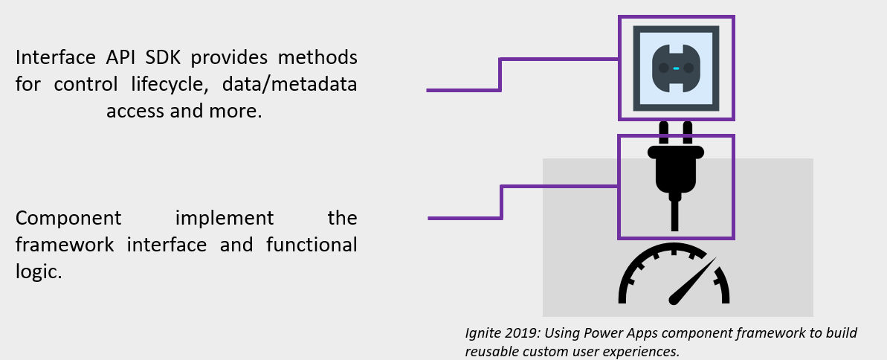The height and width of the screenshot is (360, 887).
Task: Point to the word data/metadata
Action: (x=296, y=85)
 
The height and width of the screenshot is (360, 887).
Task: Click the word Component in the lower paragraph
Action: (x=68, y=219)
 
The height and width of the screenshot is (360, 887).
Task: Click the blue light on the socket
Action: (x=676, y=68)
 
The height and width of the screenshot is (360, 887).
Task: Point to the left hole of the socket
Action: (x=663, y=68)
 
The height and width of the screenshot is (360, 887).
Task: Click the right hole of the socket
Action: (x=688, y=68)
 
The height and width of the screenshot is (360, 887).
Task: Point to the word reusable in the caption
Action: (x=489, y=351)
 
